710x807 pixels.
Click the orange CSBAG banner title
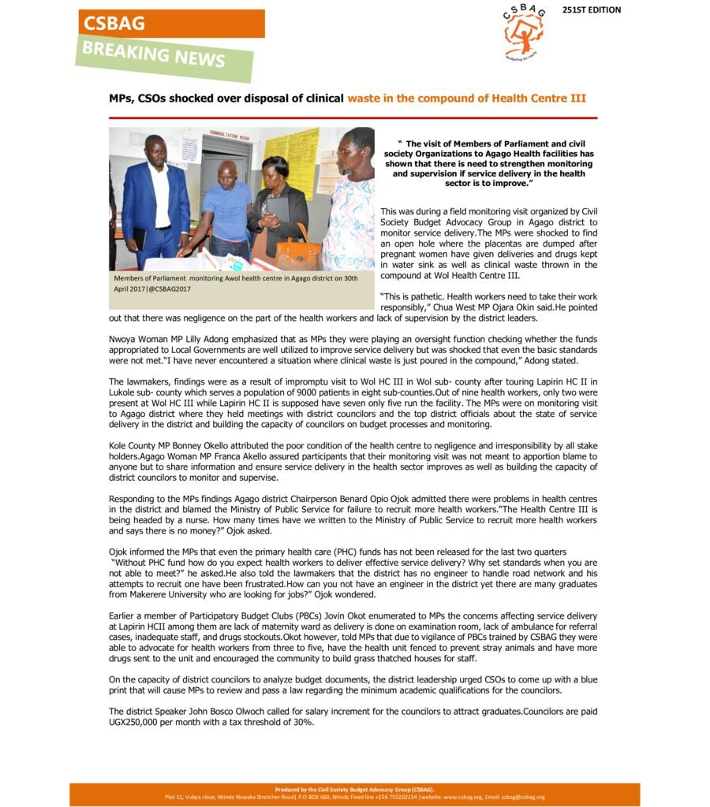click(115, 23)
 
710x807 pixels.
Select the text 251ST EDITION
click(592, 10)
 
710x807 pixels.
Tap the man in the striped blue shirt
click(226, 209)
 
